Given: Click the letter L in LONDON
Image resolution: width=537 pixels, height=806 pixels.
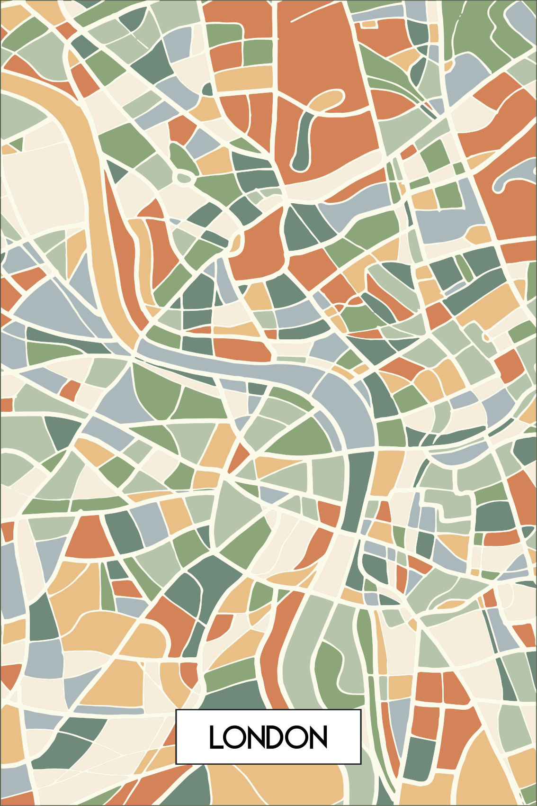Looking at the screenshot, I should coord(215,737).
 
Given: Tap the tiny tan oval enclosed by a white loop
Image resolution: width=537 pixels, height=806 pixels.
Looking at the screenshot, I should coord(485,337).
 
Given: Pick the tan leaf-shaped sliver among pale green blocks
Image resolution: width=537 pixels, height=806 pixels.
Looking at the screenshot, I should coord(450,604).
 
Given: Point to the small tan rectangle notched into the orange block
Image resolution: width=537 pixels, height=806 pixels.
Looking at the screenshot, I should coord(369,24).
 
